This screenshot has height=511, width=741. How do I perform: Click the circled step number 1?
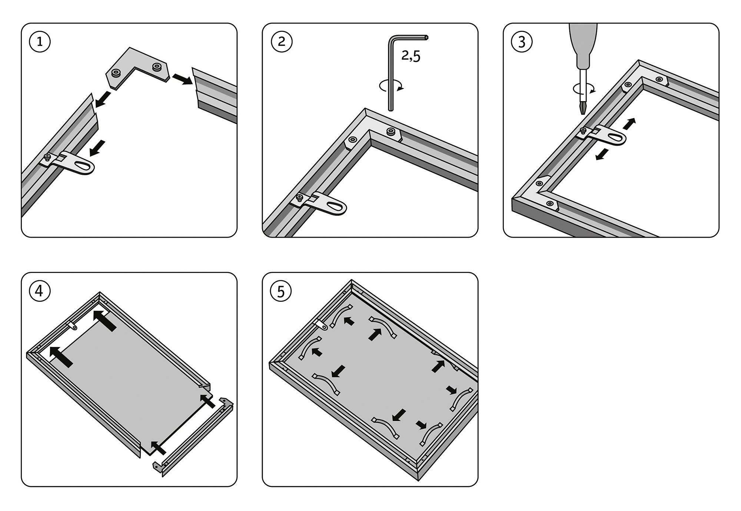40,42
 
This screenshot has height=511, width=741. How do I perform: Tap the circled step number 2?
282,41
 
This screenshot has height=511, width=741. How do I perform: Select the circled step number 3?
522,42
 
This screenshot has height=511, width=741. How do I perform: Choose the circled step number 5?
281,291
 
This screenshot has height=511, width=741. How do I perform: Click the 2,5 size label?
411,56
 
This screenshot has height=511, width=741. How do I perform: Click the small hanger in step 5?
322,325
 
